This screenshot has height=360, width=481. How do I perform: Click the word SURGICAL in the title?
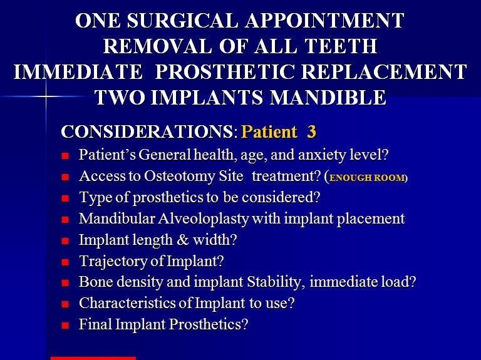[182, 21]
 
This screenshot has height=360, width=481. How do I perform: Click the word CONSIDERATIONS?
[147, 131]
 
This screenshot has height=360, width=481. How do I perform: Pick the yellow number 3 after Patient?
[311, 131]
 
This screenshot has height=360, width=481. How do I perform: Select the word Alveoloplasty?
[204, 219]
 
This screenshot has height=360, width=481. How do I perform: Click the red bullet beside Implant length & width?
[65, 241]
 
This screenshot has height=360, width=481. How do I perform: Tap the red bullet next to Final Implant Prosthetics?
[65, 326]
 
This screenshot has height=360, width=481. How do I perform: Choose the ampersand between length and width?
[183, 240]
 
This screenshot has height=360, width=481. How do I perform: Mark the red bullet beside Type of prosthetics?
[65, 198]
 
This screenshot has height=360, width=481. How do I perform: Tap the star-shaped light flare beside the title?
[46, 96]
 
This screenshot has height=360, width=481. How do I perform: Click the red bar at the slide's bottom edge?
[93, 358]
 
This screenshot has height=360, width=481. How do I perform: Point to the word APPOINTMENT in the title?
[325, 21]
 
